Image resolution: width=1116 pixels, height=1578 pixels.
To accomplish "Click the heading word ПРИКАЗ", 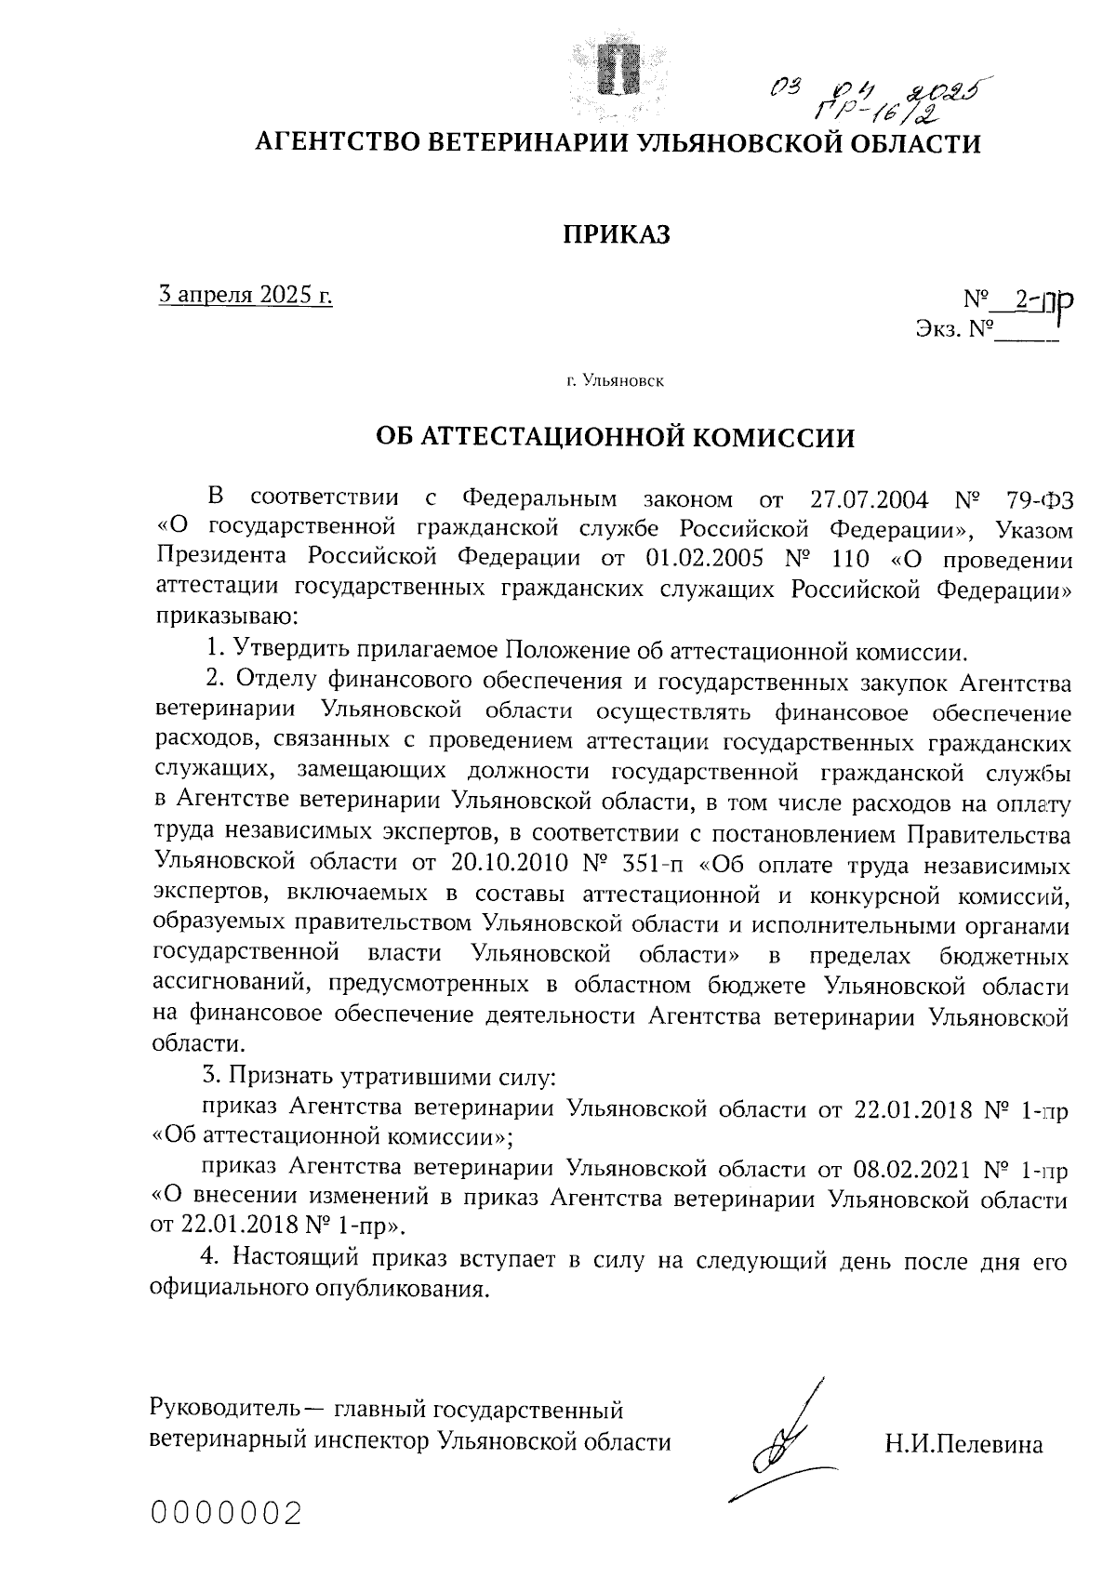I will click(x=617, y=235).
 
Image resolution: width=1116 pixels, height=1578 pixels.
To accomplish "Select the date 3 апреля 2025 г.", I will click(x=246, y=296).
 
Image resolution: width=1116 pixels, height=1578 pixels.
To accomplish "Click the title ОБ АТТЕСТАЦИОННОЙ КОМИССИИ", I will click(x=615, y=437).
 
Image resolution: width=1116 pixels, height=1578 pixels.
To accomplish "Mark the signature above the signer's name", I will click(x=779, y=1441).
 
